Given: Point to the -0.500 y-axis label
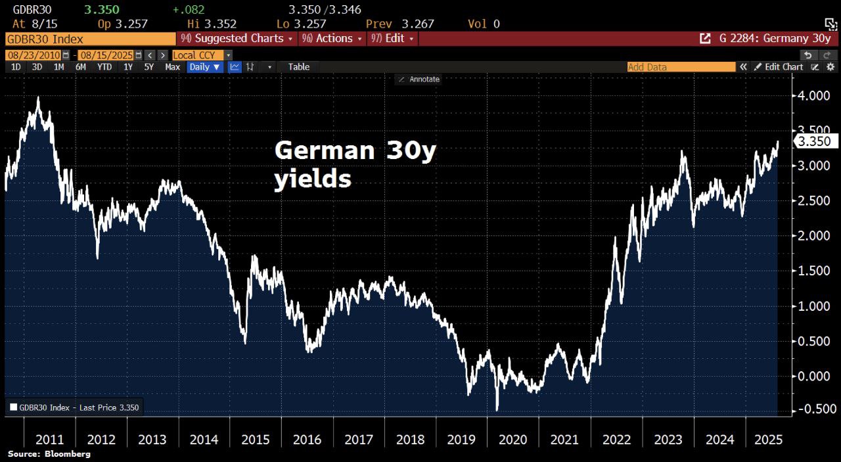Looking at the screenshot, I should click(x=813, y=409).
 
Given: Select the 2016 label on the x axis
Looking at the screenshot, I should click(x=307, y=440).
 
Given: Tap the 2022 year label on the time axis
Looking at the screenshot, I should click(x=616, y=440).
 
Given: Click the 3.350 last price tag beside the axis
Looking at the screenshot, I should click(x=815, y=141).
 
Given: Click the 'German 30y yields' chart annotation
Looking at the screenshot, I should click(x=355, y=164).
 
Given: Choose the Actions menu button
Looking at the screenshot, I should click(x=332, y=38).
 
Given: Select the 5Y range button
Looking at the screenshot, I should click(x=149, y=67).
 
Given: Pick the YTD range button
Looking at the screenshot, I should click(x=104, y=67).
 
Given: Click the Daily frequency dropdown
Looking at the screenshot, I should click(x=205, y=67).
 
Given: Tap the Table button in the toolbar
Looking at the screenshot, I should click(x=299, y=67).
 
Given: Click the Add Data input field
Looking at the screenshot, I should click(x=681, y=67).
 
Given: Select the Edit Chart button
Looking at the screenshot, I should click(x=779, y=67).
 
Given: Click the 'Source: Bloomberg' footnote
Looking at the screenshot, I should click(x=49, y=454).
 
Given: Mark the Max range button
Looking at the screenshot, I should click(x=173, y=67).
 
